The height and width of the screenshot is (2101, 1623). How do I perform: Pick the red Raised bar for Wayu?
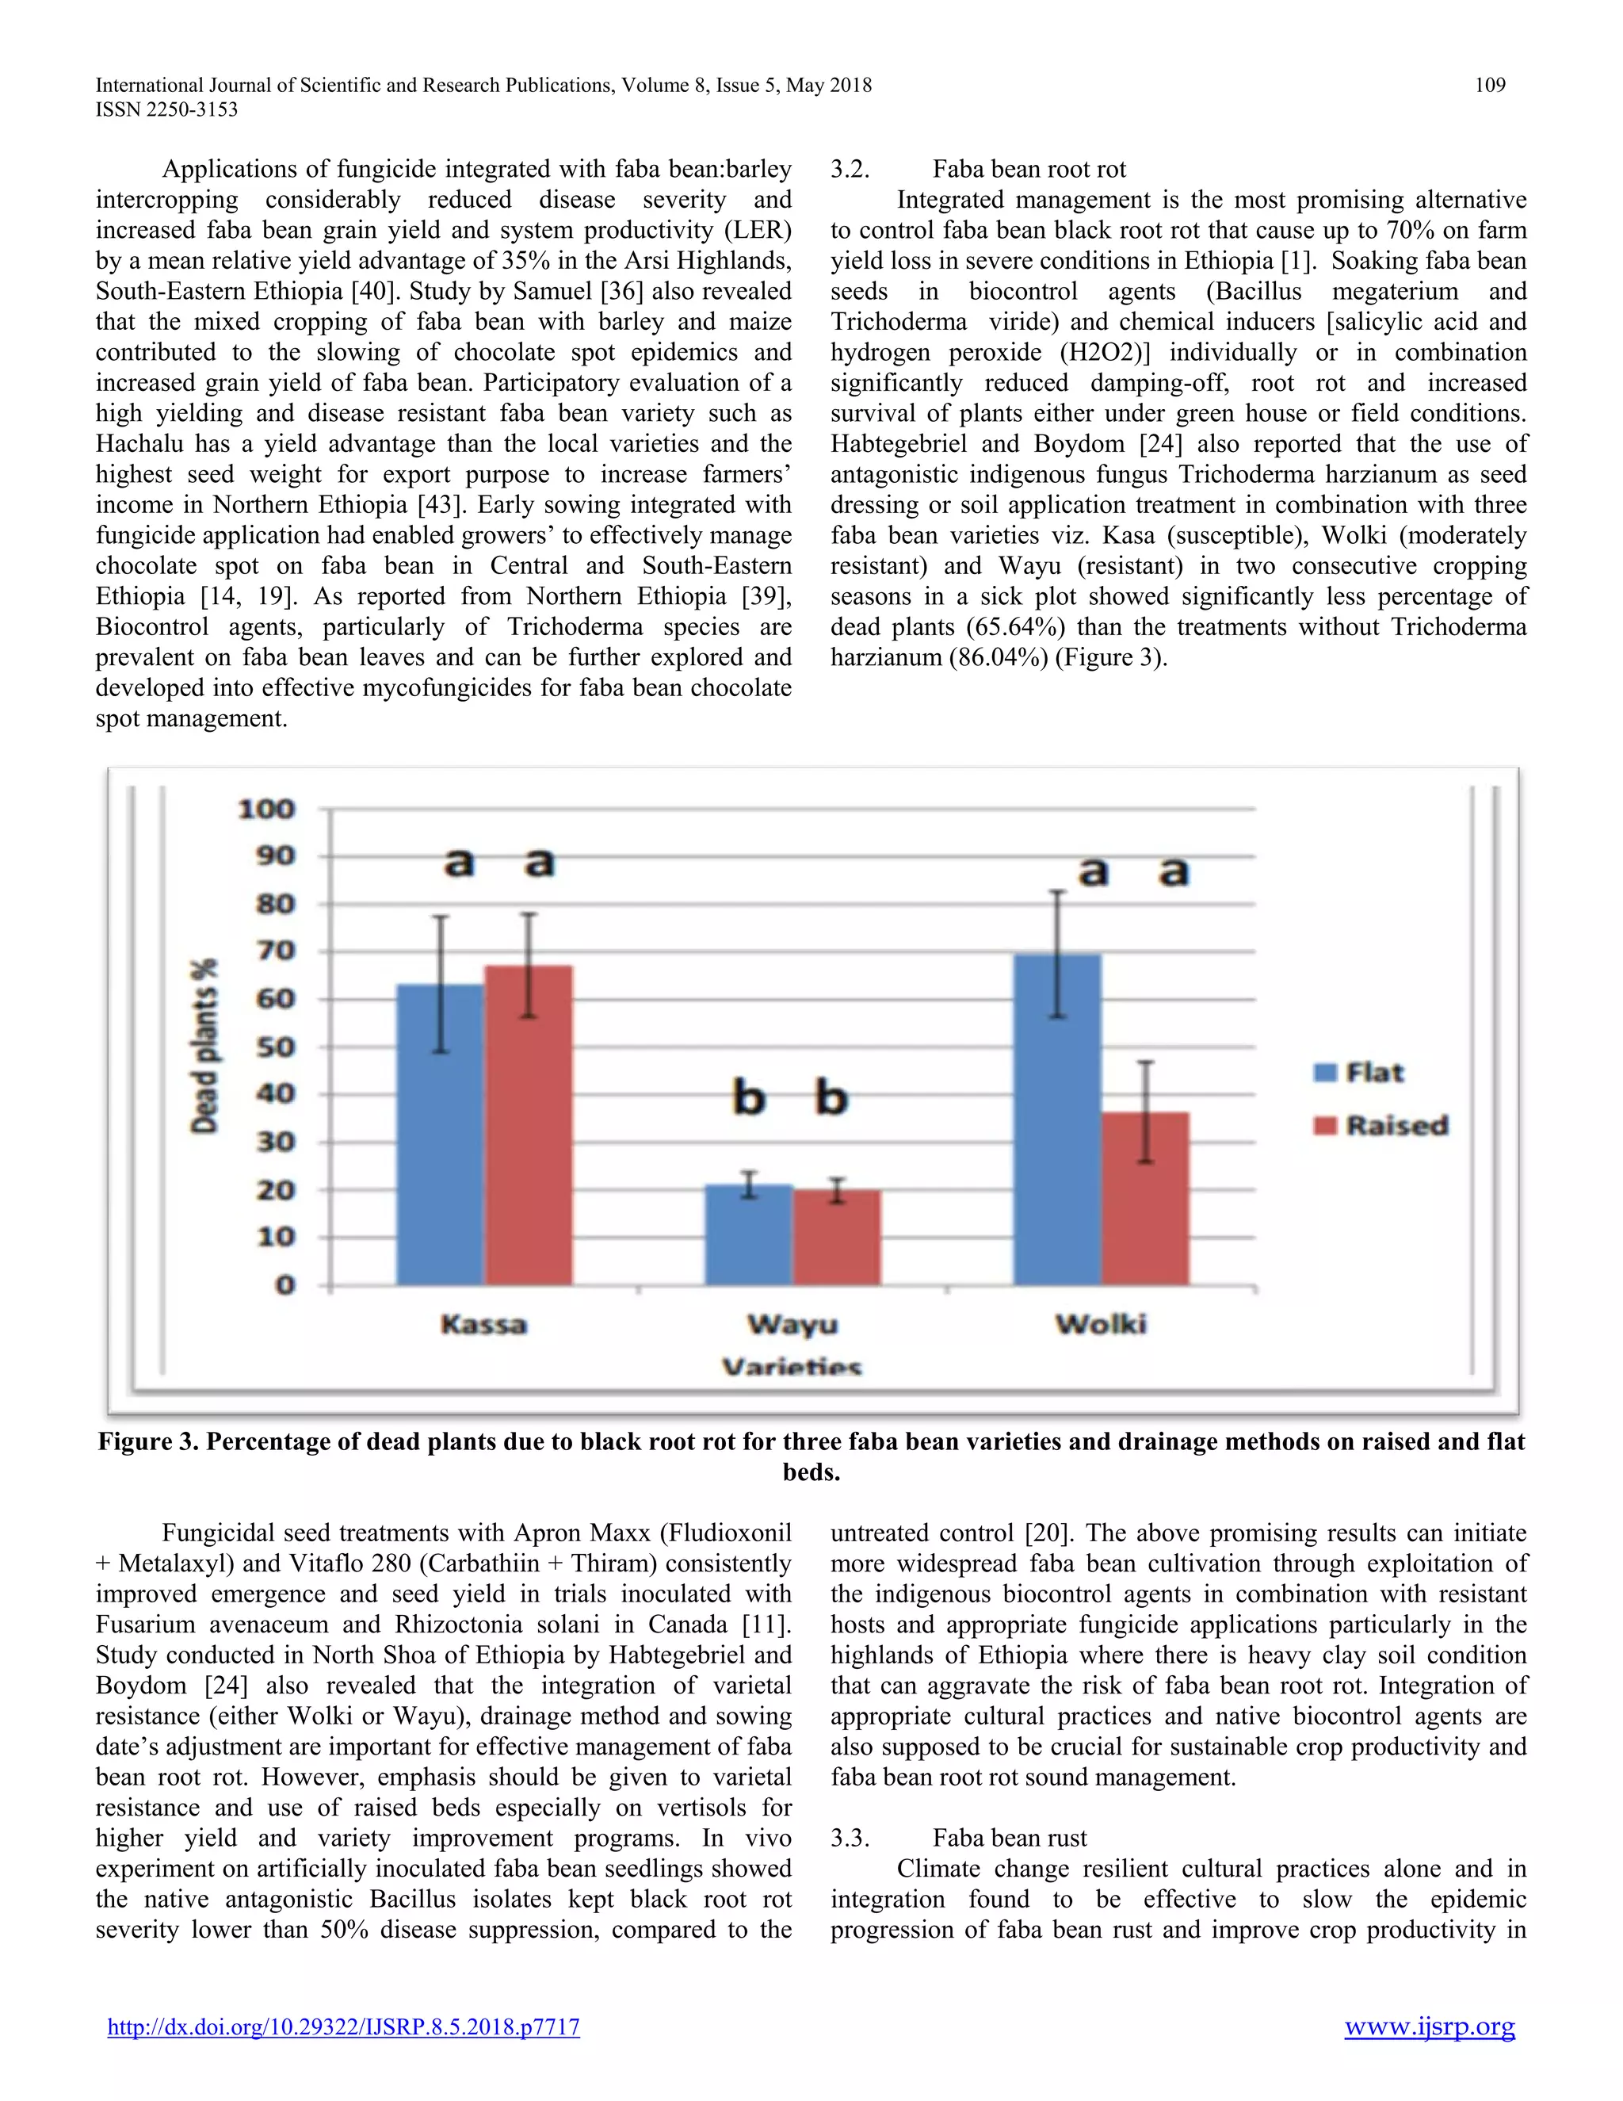click(x=837, y=1239)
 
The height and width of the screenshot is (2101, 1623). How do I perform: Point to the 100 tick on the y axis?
click(x=266, y=809)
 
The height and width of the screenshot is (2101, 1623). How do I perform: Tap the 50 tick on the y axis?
click(x=275, y=1047)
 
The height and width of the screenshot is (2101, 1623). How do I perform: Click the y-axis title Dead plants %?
click(x=204, y=1046)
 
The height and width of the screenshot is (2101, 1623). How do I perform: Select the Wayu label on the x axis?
click(x=792, y=1325)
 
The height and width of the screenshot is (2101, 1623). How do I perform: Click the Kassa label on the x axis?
click(x=483, y=1325)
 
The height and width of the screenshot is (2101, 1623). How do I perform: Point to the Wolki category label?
click(x=1101, y=1325)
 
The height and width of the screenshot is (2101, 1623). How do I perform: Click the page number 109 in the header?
click(x=1489, y=86)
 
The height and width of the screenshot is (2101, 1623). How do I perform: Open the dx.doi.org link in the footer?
click(x=343, y=2027)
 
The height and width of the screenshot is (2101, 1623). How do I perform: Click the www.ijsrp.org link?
click(x=1429, y=2027)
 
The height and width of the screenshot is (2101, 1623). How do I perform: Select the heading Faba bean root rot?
click(x=1029, y=170)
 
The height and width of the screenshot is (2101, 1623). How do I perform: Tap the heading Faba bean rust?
click(x=1010, y=1839)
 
